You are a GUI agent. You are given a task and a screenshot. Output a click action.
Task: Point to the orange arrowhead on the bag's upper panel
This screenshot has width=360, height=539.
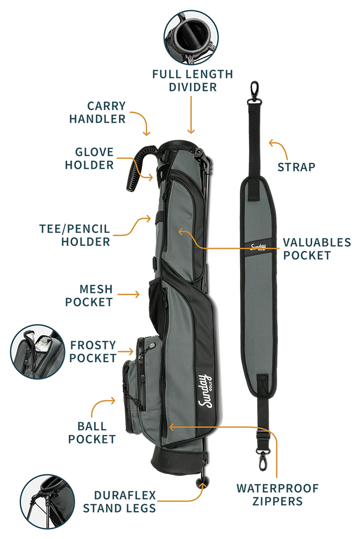tap(180, 231)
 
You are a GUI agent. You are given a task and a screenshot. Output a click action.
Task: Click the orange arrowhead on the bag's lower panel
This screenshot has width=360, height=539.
tap(172, 427)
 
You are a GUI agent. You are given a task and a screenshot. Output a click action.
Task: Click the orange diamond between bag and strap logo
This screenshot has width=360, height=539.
tap(222, 247)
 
